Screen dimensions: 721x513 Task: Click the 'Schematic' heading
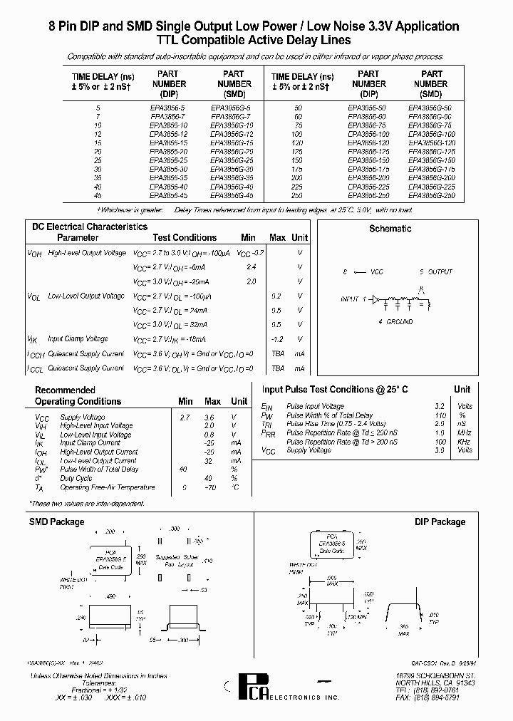pos(390,229)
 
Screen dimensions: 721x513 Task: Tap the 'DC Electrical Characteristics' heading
pos(90,227)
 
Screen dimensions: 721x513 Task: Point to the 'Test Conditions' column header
pos(185,238)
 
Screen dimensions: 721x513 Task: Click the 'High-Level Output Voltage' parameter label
pos(87,253)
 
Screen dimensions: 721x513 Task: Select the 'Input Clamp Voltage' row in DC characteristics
pos(78,339)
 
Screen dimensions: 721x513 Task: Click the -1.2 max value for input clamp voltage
pos(277,339)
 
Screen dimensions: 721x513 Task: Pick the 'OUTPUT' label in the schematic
pos(440,272)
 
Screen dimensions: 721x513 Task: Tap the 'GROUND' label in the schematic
pos(400,322)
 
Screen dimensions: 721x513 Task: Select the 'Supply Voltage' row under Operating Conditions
pos(82,417)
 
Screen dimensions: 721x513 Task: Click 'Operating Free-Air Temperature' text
pos(107,487)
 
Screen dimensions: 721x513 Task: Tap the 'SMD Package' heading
pos(56,522)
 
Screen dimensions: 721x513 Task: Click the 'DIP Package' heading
pos(440,522)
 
